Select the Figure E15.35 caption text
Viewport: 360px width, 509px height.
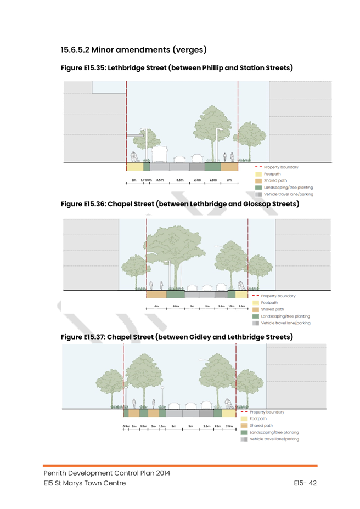click(177, 68)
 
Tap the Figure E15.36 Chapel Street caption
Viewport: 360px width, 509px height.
click(179, 204)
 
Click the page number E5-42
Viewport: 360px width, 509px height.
click(306, 483)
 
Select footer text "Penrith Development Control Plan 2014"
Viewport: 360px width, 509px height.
click(107, 473)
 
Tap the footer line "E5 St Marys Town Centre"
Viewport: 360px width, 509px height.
click(85, 483)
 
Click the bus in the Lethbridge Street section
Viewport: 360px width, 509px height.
click(159, 154)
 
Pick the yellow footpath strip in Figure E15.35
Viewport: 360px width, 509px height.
click(134, 166)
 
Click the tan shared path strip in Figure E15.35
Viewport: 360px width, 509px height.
click(229, 166)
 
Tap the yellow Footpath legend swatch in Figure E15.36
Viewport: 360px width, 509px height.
click(256, 303)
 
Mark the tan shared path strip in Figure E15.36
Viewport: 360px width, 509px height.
click(156, 295)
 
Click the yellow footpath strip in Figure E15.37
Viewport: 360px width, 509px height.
click(229, 413)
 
